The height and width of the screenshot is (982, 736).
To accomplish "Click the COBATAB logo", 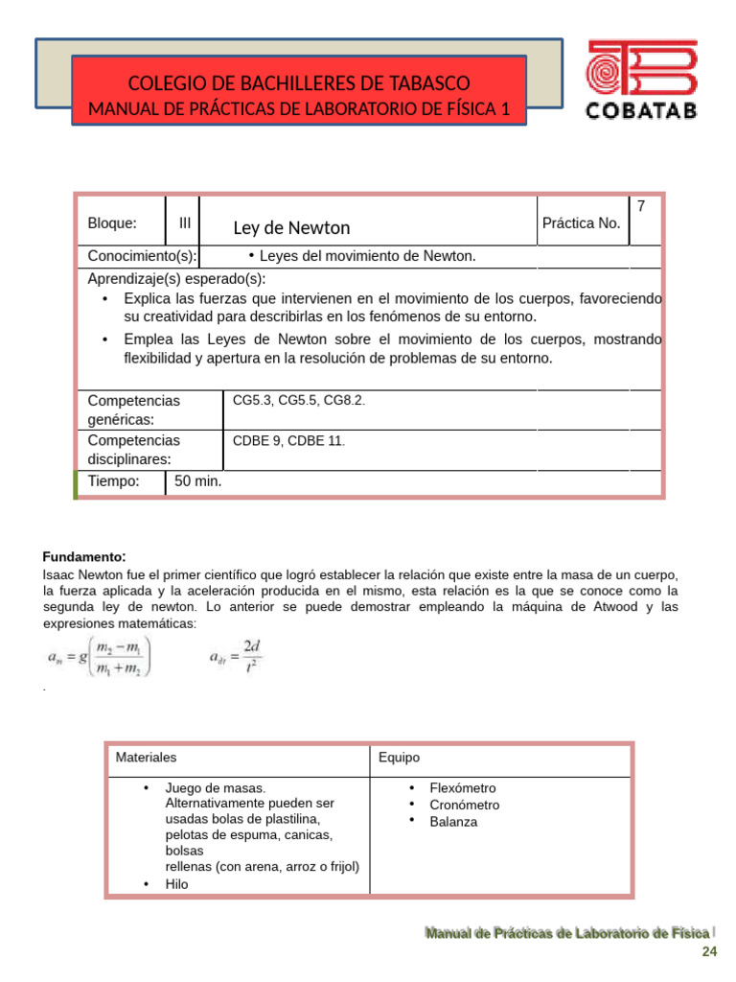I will click(x=641, y=81).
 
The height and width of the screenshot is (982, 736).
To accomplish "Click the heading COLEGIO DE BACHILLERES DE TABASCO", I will click(x=299, y=83).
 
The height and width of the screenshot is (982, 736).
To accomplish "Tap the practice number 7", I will click(x=641, y=206).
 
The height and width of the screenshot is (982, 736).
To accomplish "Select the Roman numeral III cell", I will click(x=184, y=223).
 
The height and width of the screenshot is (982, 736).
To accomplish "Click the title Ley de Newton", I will click(x=291, y=228).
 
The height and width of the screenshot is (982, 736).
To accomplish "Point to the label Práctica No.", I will click(x=581, y=223).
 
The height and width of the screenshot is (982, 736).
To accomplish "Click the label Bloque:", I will click(x=112, y=223).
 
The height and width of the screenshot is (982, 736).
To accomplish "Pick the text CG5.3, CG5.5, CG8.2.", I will click(x=299, y=400).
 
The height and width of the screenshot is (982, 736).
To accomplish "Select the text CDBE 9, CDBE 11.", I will click(x=288, y=440).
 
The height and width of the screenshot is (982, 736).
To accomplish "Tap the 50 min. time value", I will click(x=197, y=480).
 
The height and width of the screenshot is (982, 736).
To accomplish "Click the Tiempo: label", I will click(x=113, y=480).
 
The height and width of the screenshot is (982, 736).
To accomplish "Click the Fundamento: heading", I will click(x=84, y=557).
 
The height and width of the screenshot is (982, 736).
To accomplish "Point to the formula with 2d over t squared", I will click(x=235, y=659).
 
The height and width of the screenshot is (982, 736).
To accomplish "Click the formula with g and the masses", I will click(x=101, y=659).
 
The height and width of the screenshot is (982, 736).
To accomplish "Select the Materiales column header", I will click(x=146, y=758).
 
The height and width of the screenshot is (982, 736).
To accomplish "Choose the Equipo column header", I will click(x=399, y=758).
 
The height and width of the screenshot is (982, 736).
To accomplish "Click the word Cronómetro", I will click(x=464, y=805).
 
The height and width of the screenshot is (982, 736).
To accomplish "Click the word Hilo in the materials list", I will click(x=177, y=884).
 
